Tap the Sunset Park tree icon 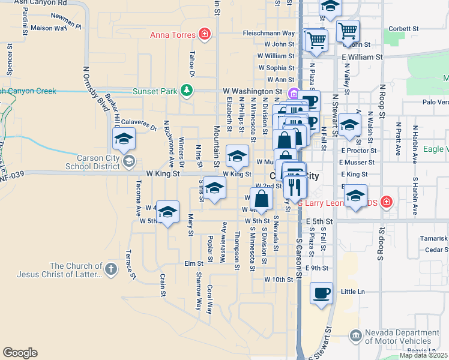click(x=187, y=91)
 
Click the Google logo click(x=20, y=353)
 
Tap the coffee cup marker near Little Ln click(x=322, y=293)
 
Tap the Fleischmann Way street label click(x=269, y=33)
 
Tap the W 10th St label click(x=278, y=280)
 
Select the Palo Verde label click(x=435, y=102)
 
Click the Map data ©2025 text click(x=423, y=355)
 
